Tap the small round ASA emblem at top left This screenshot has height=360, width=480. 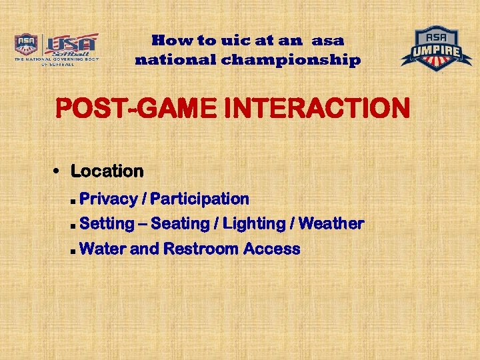click(x=26, y=45)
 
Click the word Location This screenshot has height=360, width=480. click(x=107, y=171)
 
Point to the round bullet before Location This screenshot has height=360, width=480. click(x=58, y=171)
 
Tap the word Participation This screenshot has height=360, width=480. click(x=200, y=199)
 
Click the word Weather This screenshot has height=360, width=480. click(x=331, y=224)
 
